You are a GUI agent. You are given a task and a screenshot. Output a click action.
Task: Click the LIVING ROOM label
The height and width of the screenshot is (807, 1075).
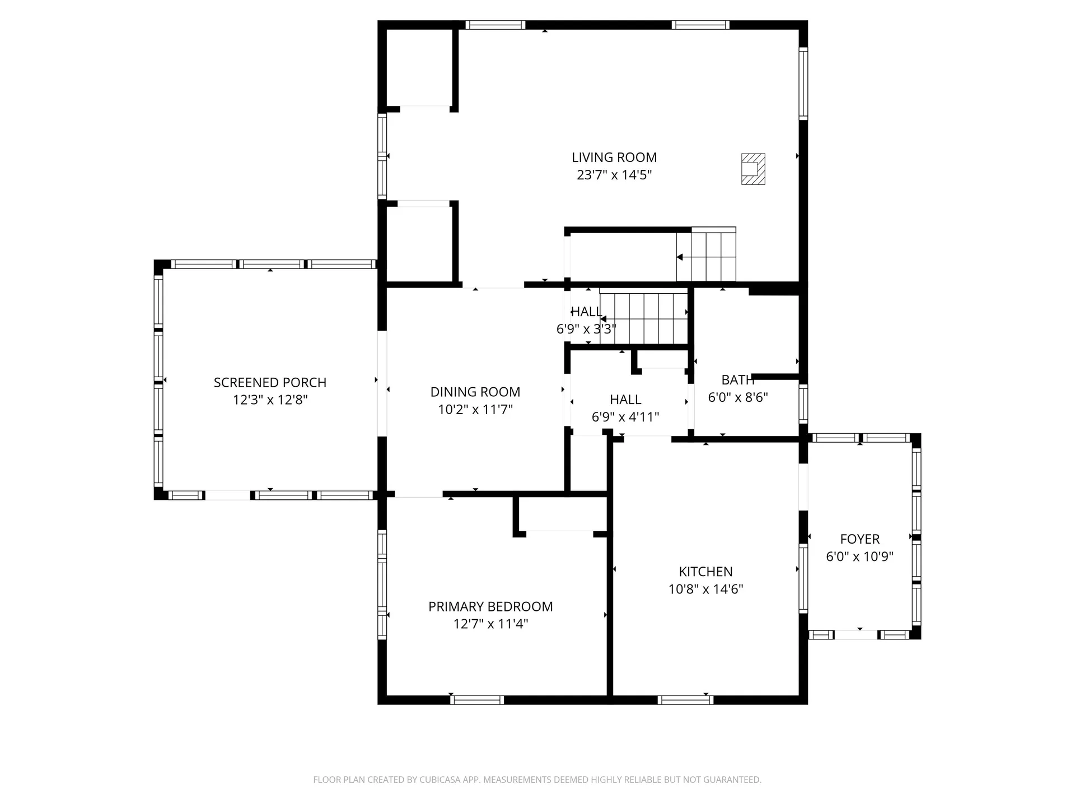tap(614, 157)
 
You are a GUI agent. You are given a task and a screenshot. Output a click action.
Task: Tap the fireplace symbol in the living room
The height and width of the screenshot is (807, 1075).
tap(753, 169)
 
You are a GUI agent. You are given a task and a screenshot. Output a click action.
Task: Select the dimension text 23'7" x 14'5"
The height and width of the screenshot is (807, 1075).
tap(614, 175)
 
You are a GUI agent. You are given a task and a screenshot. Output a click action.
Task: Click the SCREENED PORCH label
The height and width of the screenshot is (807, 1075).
tap(270, 383)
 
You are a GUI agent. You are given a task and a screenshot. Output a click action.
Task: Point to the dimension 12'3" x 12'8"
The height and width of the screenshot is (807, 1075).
tap(270, 400)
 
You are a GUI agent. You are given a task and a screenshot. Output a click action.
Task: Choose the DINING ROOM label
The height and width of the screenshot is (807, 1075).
tap(475, 392)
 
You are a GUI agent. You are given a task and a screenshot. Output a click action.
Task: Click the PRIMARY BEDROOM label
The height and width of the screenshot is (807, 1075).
tap(490, 606)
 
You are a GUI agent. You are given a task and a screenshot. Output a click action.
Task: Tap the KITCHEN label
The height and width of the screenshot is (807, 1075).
tap(705, 572)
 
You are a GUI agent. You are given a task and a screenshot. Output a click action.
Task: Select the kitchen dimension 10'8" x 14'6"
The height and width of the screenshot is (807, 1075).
tap(705, 589)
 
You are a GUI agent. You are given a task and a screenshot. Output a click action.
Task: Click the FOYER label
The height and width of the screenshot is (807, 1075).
tap(859, 539)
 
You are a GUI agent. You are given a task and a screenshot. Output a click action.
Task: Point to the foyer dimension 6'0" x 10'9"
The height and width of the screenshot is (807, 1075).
tap(859, 556)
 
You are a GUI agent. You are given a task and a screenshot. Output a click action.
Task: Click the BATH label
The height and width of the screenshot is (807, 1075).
tap(738, 380)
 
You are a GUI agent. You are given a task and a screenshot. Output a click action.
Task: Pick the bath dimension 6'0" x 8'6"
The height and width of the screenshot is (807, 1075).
tap(738, 397)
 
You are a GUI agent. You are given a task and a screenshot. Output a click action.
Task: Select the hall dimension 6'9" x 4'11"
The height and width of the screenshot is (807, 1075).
tap(625, 417)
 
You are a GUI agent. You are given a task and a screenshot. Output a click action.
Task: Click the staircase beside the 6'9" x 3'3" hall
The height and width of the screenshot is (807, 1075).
tap(643, 318)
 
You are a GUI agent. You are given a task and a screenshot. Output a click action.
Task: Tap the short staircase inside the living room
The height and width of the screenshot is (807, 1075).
tap(706, 254)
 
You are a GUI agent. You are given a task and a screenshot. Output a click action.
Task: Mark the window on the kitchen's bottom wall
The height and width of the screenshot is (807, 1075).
tap(685, 700)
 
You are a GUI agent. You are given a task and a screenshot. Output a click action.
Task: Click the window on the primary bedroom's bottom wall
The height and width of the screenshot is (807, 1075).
tap(476, 700)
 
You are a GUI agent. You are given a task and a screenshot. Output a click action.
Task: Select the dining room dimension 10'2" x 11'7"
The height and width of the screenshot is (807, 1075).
tap(475, 410)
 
